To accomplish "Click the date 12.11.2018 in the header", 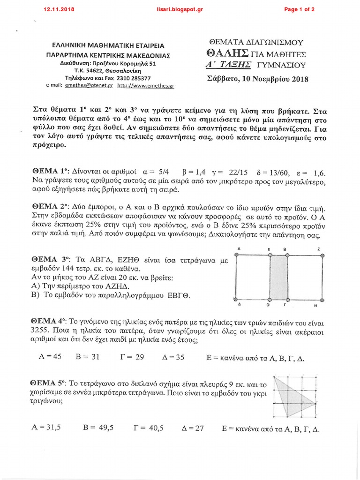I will pyautogui.click(x=59, y=9).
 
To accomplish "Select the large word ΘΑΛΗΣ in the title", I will pyautogui.click(x=228, y=53).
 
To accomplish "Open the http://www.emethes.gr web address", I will pyautogui.click(x=146, y=86).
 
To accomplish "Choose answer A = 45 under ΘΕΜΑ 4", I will pyautogui.click(x=50, y=357).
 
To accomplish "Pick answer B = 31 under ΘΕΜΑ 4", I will pyautogui.click(x=88, y=357).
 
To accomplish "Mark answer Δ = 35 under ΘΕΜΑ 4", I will pyautogui.click(x=173, y=357).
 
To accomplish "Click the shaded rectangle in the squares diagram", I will pyautogui.click(x=278, y=277).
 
